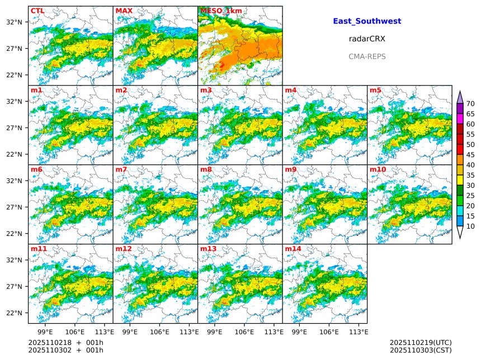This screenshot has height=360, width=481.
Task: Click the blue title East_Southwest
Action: (367, 21)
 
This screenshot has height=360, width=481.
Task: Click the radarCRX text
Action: (367, 39)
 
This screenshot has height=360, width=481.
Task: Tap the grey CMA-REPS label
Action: (367, 56)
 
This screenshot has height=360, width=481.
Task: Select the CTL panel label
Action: (37, 11)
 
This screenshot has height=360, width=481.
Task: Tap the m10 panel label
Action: (378, 169)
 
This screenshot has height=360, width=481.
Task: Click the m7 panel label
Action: (121, 169)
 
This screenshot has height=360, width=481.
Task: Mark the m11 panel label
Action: (39, 249)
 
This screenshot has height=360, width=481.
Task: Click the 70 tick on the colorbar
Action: (470, 103)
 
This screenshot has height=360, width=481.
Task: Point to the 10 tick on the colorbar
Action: (470, 226)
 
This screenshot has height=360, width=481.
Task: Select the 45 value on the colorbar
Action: (470, 155)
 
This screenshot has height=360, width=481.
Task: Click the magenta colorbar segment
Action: (460, 119)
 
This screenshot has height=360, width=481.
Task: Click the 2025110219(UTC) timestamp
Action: (420, 342)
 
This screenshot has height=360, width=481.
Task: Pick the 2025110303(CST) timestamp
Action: (420, 350)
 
